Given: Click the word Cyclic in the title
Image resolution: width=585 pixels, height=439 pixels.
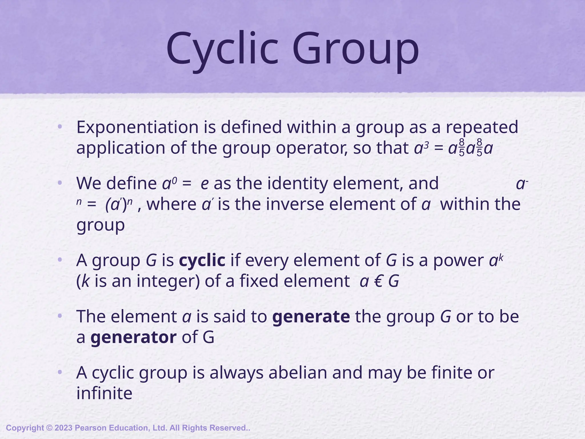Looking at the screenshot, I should coord(222,49).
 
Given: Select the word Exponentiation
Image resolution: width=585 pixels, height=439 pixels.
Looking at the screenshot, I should coord(137,127).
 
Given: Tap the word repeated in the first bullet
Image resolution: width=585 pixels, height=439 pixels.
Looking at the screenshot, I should coord(482,127).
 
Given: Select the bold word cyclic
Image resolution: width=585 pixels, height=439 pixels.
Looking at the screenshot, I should coord(202,260).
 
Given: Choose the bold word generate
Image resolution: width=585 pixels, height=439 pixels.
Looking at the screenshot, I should coord(311,316).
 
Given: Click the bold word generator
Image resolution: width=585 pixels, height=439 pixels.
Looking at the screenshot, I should coord(133,337).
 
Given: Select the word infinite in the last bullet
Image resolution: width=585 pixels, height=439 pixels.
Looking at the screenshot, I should coord(104,393).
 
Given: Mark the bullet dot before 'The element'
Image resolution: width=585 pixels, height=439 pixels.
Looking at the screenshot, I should coord(60,316).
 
